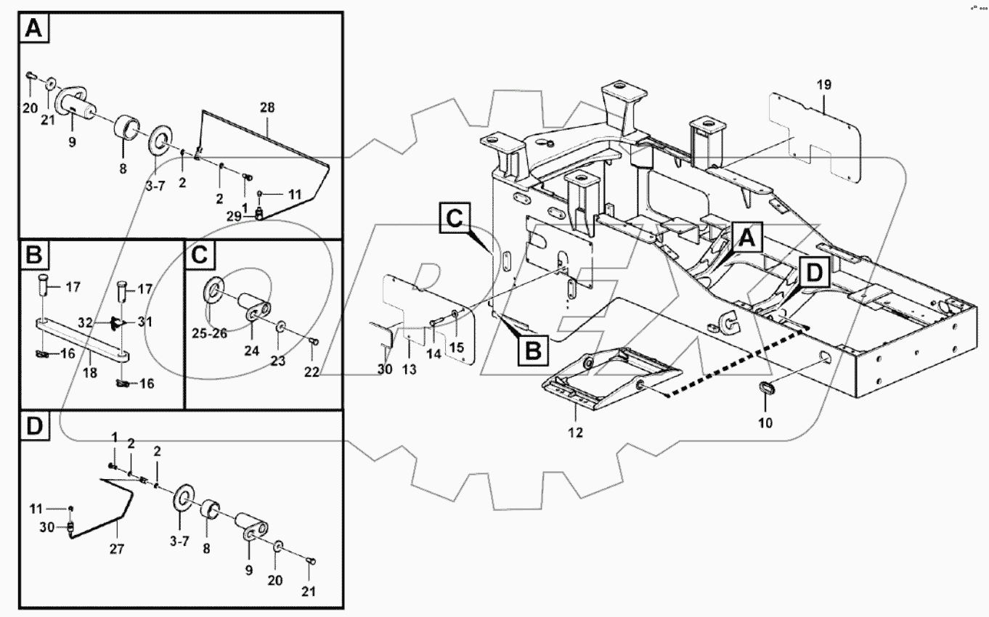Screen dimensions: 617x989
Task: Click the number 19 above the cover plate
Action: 823,85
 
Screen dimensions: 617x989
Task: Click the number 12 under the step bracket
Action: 575,433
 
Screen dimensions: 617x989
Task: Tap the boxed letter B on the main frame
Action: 532,352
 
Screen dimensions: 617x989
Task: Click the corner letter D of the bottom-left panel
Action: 34,428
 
